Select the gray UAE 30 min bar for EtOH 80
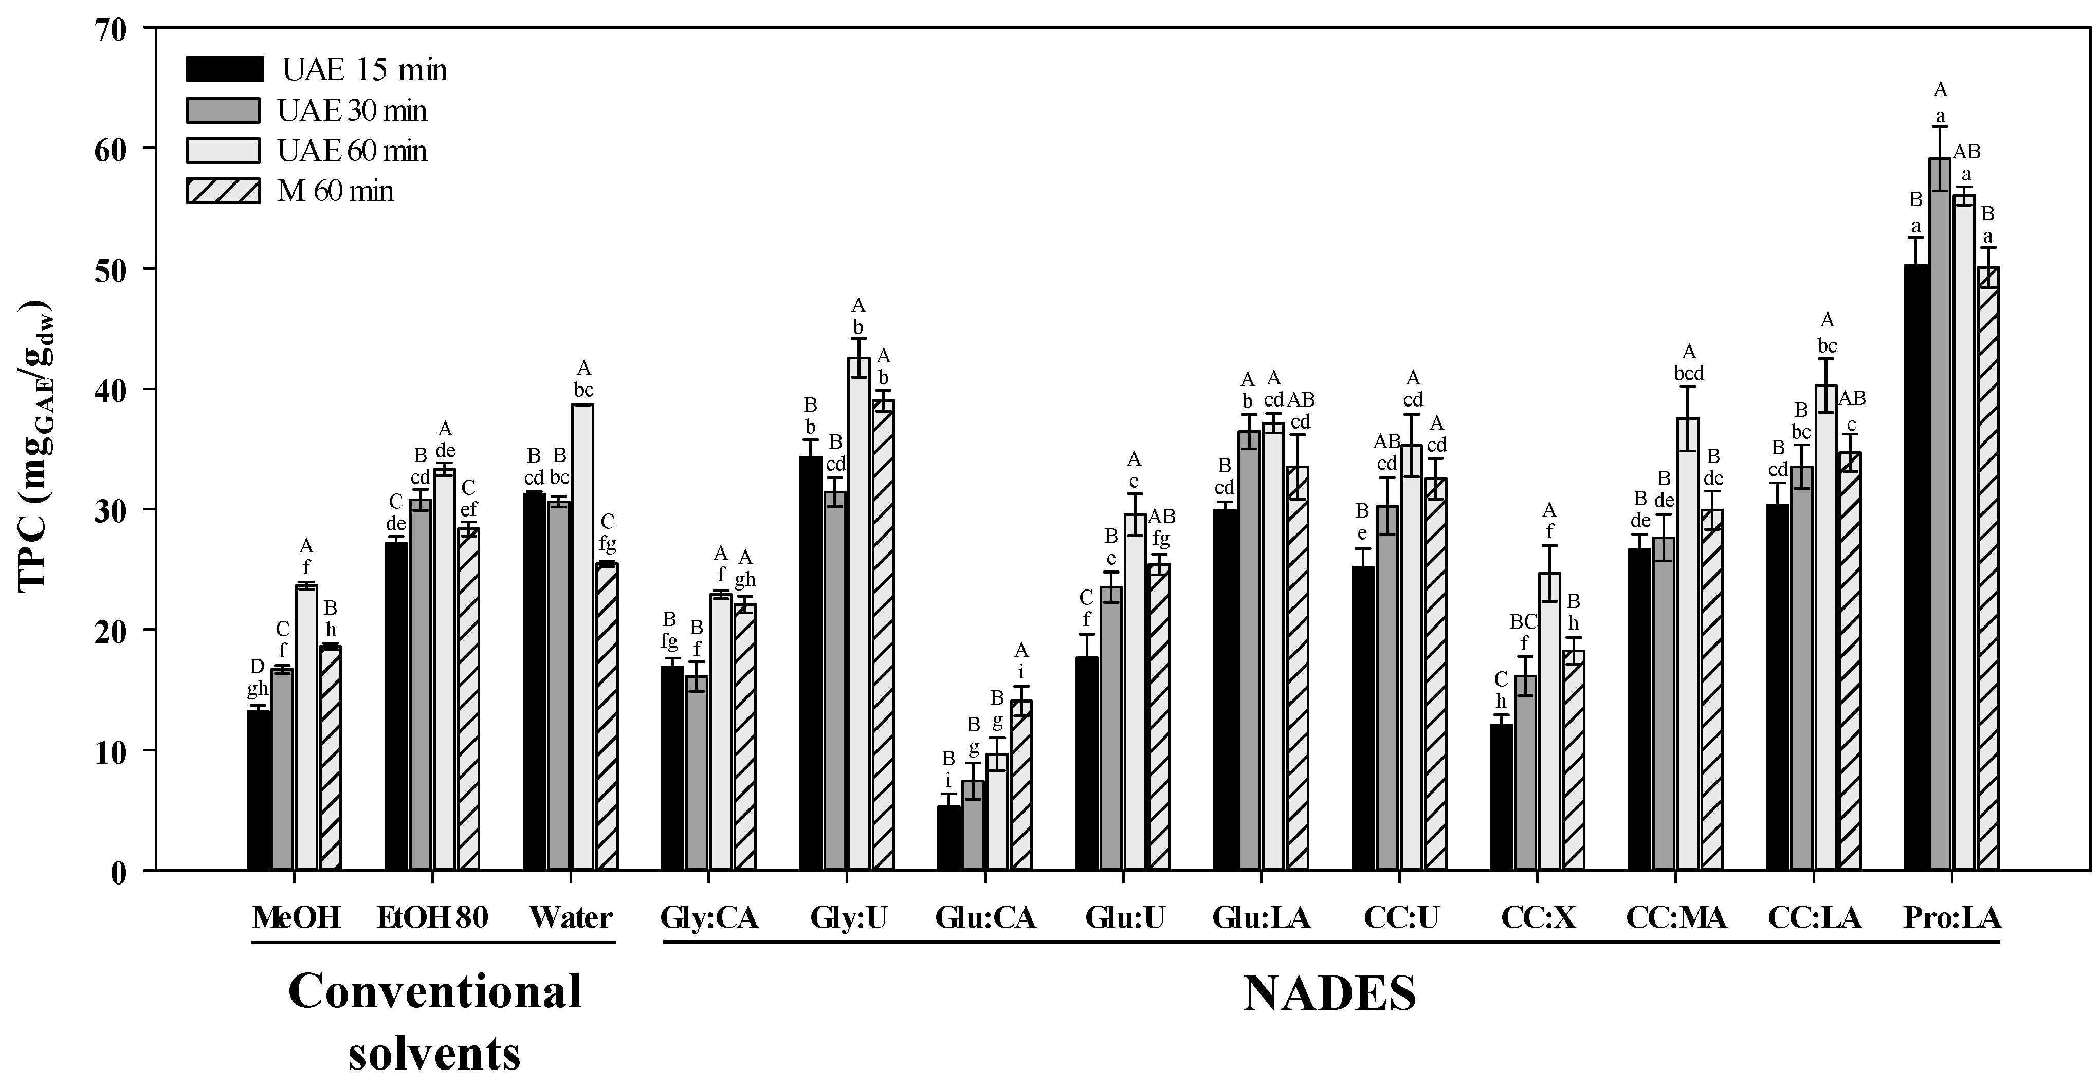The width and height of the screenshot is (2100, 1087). pos(420,685)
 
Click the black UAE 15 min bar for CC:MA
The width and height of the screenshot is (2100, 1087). pos(1638,709)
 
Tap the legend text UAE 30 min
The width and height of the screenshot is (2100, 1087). pos(352,111)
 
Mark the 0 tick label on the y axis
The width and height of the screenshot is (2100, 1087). pos(119,872)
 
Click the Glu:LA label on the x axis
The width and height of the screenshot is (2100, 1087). pos(1261,918)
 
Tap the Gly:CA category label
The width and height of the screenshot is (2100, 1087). pos(709,918)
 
